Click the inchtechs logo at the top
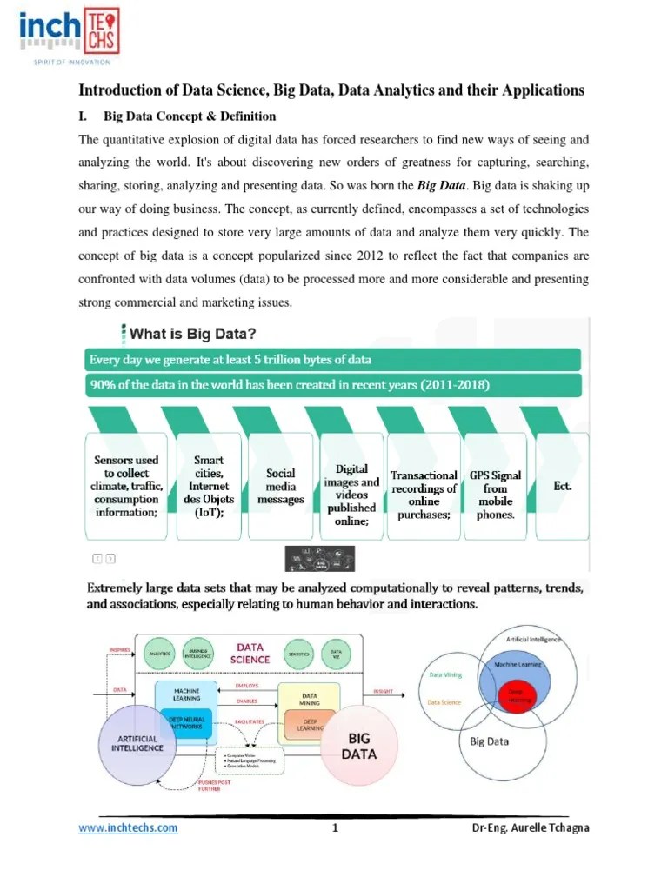point(69,35)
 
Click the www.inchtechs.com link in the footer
point(128,827)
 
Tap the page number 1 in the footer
point(334,827)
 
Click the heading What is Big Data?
point(192,333)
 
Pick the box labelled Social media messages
point(285,487)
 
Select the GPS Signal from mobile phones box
point(495,494)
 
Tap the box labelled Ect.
point(563,487)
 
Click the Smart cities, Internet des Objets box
point(209,487)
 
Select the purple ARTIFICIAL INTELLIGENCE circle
point(137,743)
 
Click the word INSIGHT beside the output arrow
point(383,692)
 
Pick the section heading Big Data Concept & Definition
point(190,116)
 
